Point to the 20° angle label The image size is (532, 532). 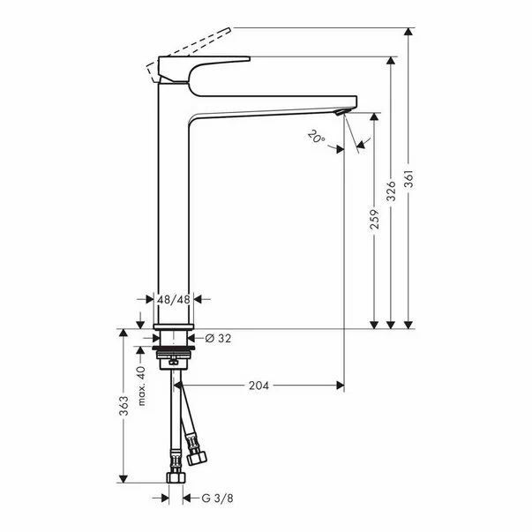tap(317, 137)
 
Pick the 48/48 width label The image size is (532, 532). tap(174, 300)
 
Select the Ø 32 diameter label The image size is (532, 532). tap(219, 338)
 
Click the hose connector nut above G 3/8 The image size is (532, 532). tap(174, 477)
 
